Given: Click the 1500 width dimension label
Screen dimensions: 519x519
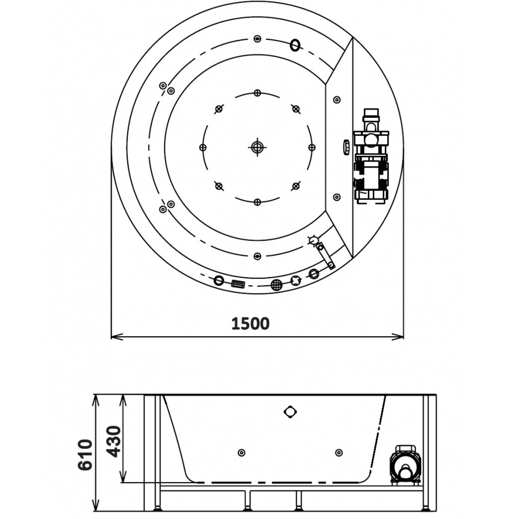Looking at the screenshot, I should point(251,323).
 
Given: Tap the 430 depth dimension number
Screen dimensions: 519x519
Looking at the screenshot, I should point(113,441).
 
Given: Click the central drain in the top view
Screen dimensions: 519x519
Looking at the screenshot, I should point(257,147).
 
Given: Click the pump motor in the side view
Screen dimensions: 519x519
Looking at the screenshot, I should point(405,466).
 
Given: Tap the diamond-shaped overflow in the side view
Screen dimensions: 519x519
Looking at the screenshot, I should point(290,412).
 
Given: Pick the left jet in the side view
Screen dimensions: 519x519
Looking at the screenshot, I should point(241,452).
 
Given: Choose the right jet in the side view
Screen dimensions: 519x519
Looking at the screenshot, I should point(339,452).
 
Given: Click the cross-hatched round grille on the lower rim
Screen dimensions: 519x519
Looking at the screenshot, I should point(276,285).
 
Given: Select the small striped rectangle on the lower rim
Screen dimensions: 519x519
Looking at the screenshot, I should point(237,284).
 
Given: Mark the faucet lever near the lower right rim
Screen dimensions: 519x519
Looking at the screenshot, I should point(323,252).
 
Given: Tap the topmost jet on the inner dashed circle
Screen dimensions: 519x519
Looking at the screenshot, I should point(257,93).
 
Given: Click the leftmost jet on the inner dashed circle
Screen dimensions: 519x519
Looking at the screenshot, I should point(203,147).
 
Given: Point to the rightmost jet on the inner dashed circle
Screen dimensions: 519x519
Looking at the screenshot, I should point(311,147).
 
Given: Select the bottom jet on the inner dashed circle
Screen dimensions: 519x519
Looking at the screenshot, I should point(257,202).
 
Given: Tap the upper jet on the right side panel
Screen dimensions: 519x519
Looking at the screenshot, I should point(337,100).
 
